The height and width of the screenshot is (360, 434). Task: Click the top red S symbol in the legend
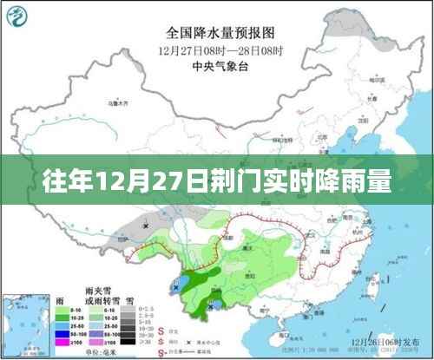(162, 329)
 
